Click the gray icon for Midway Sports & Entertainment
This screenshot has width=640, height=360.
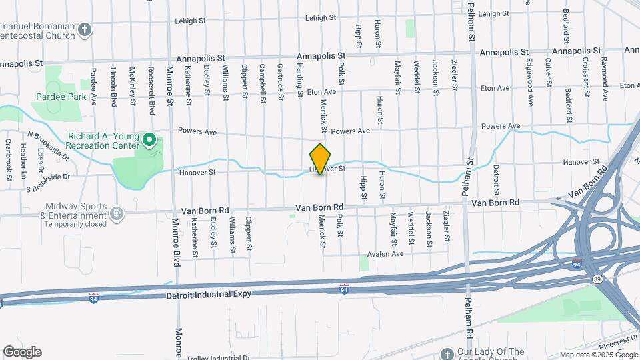[x=117, y=213]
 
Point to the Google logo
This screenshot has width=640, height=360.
[x=21, y=352]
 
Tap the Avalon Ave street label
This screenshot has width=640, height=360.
[x=385, y=254]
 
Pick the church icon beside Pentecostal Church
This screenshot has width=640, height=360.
[x=84, y=29]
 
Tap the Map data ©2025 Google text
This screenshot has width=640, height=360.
[x=598, y=355]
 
